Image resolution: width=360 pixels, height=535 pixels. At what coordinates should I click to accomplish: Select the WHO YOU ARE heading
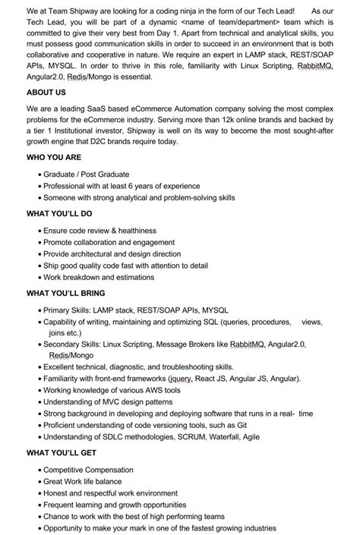tap(53, 157)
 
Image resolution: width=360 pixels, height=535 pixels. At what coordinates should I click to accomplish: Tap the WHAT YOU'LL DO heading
tap(59, 214)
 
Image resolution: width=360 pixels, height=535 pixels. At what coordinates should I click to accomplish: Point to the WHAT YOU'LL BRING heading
tap(65, 293)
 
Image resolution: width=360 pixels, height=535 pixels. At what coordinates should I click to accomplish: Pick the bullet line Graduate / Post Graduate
tap(86, 175)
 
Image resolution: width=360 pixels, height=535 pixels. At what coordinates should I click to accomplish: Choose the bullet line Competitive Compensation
tap(88, 470)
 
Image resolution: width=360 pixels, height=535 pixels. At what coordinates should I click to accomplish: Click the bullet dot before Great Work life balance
tap(39, 482)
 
